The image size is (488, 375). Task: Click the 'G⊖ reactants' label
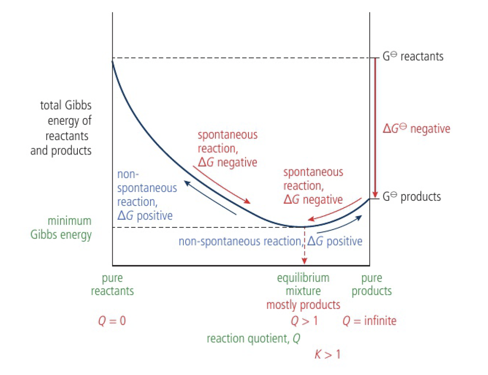(x=413, y=56)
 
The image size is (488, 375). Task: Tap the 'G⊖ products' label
(x=411, y=197)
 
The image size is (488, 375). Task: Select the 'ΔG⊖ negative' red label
(x=416, y=128)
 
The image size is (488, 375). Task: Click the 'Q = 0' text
(x=112, y=321)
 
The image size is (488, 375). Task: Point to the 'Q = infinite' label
(x=369, y=321)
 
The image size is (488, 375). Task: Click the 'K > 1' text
(x=327, y=354)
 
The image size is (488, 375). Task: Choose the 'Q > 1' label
(x=304, y=321)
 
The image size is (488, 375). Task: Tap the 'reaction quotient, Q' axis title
(x=253, y=338)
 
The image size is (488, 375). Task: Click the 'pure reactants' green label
(x=112, y=284)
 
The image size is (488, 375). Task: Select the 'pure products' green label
(x=372, y=284)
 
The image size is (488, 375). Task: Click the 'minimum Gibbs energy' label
(x=61, y=227)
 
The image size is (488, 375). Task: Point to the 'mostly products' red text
(x=303, y=305)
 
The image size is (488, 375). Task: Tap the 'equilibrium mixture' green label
(x=303, y=284)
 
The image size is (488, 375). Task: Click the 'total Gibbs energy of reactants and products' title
(x=61, y=128)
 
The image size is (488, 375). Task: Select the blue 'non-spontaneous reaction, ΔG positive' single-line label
(x=270, y=241)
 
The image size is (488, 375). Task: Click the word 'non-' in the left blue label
(x=128, y=174)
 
